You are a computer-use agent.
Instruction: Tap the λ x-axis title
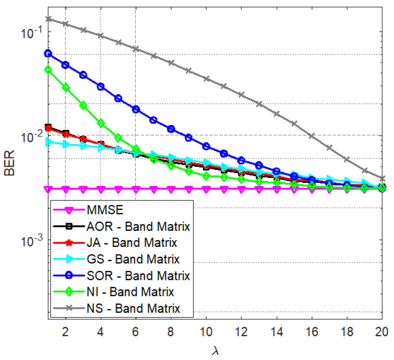(215, 351)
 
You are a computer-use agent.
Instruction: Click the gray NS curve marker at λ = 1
(48, 19)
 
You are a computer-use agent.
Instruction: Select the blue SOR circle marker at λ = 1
(48, 53)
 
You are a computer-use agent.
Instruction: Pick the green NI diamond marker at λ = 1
(48, 70)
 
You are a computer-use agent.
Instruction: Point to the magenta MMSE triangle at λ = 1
(48, 189)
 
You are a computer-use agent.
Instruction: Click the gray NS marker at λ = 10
(206, 78)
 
